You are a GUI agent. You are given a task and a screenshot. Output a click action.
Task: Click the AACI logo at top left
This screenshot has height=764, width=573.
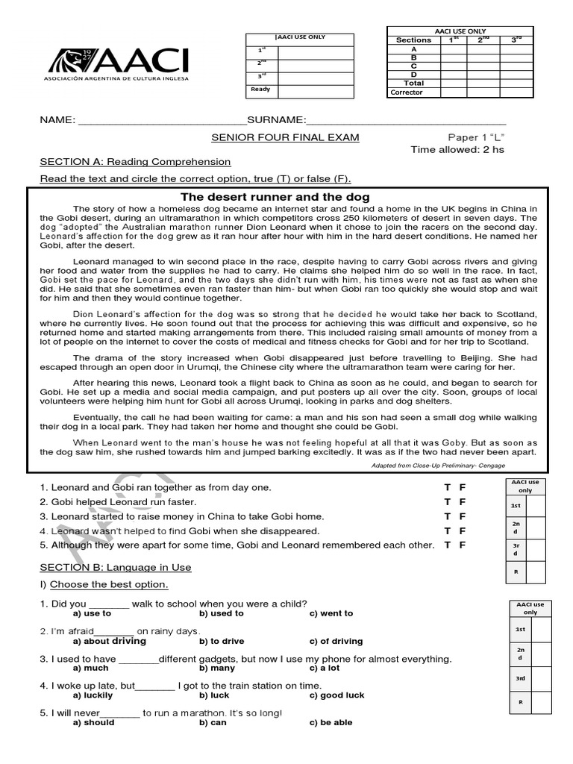click(118, 64)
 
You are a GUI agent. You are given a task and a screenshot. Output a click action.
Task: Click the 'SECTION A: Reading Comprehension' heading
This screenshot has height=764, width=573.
click(135, 161)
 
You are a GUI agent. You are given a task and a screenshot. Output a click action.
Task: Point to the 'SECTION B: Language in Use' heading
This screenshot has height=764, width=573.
click(116, 567)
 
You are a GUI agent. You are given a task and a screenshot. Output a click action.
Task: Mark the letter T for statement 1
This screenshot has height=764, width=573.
click(448, 487)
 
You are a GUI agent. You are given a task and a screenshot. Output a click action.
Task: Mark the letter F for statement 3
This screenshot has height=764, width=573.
click(463, 516)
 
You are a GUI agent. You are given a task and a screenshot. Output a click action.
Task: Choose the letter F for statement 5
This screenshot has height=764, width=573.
click(463, 545)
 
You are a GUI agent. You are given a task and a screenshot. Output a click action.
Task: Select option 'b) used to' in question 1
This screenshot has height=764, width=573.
click(222, 613)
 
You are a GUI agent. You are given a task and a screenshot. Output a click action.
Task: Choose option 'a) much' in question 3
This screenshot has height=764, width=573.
click(90, 668)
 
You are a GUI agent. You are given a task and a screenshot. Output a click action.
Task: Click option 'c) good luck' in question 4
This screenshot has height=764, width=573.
click(336, 695)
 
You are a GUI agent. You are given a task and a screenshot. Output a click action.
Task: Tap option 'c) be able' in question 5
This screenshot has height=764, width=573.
click(331, 722)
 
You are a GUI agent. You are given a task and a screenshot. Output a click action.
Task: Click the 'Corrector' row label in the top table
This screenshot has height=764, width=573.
click(407, 93)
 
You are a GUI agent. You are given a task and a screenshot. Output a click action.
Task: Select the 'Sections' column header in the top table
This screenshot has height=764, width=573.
click(413, 40)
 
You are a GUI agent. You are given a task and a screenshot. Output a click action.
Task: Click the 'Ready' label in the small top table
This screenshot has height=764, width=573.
click(260, 89)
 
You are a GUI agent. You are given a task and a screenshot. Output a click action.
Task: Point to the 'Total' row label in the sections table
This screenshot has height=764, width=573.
click(413, 84)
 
